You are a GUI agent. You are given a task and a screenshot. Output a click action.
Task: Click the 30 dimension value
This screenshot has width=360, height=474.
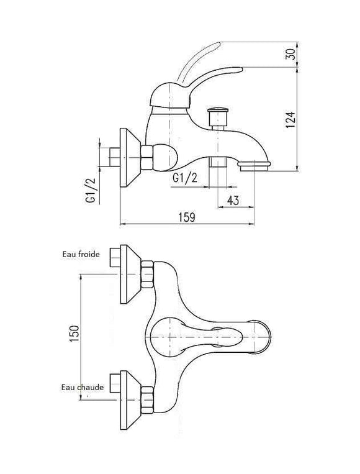pos(290,54)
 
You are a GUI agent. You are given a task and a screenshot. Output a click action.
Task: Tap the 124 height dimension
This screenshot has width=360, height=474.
pos(290,119)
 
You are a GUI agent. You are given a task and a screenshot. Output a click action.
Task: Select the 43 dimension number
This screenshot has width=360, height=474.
pos(232,200)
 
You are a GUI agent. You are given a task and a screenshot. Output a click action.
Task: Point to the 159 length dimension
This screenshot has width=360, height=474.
pos(187,217)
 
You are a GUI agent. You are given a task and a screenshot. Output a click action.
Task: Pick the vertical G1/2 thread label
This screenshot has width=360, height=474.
pos(90,191)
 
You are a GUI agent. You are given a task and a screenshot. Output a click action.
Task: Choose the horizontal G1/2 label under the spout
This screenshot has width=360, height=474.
pos(185,178)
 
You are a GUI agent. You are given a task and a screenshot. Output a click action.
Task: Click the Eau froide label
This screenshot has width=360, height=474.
pos(81,254)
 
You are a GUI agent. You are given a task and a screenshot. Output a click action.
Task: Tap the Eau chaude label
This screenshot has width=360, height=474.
pos(83,387)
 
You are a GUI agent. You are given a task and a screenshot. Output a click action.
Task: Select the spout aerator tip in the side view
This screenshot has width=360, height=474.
pos(254,166)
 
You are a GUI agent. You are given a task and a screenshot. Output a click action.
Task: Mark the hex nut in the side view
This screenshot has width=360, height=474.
pos(147,157)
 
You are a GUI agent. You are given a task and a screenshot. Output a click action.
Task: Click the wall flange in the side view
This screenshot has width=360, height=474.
pos(130,158)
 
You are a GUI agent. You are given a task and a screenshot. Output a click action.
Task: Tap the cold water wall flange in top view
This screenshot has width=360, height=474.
pos(130,274)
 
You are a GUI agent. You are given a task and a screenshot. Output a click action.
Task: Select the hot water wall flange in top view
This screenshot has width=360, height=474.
pos(130,400)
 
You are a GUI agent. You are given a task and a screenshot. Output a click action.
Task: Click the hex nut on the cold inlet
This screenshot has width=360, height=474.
pos(147,274)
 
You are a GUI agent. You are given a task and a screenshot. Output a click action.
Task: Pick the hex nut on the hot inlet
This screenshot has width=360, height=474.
pos(147,400)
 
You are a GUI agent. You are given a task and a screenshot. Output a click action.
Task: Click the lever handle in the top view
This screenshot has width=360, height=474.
pos(196,337)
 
